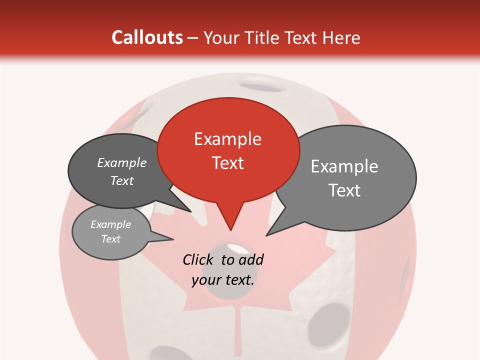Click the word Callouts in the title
tap(147, 37)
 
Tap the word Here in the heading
tap(341, 37)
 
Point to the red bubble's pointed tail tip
tap(230, 230)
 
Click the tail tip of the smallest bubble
tap(172, 239)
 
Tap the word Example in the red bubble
tap(228, 139)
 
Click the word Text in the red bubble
tap(228, 163)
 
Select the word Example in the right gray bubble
tap(344, 166)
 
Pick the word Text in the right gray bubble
tap(344, 190)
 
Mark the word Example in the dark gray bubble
tap(122, 163)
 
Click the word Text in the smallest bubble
tap(111, 239)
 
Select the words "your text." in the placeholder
tap(223, 280)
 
